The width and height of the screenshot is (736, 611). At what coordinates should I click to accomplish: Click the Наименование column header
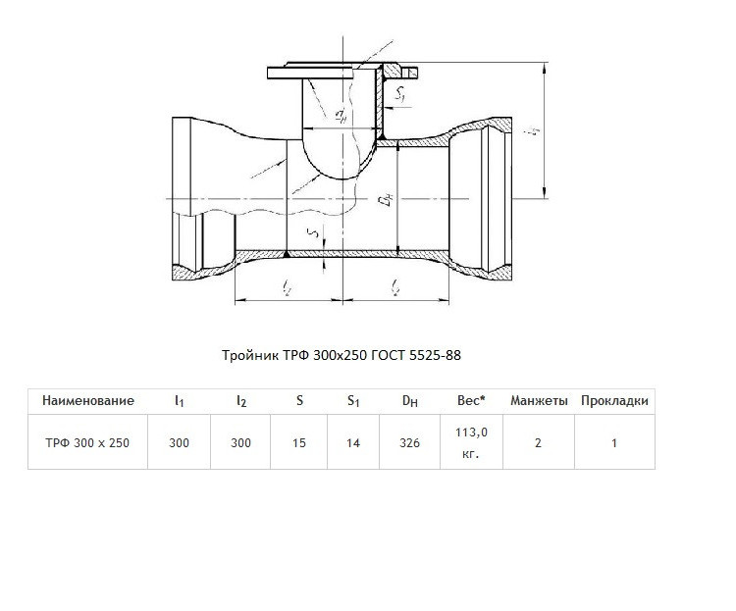[x=88, y=401]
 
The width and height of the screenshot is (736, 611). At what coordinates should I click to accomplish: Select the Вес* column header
[x=471, y=401]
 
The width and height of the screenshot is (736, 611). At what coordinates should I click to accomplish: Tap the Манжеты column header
[x=539, y=401]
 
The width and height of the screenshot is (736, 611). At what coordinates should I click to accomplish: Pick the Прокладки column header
[x=614, y=401]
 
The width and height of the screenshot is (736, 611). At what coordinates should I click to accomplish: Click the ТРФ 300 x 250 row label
[x=87, y=443]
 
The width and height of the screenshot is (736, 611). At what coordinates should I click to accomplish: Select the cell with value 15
[x=299, y=443]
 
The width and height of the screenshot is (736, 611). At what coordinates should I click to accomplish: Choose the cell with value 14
[x=353, y=443]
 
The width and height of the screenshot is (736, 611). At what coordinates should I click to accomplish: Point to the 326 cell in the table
[x=410, y=443]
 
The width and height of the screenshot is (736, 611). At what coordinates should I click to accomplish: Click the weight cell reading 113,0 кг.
[x=471, y=442]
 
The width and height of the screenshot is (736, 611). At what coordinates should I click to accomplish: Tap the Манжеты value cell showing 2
[x=539, y=443]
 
